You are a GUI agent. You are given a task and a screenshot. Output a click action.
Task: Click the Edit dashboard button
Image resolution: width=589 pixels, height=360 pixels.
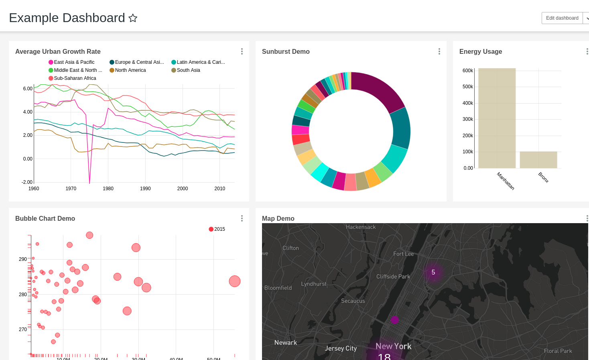(562, 18)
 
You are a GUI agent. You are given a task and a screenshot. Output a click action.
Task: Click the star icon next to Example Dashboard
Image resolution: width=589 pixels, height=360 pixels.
(133, 18)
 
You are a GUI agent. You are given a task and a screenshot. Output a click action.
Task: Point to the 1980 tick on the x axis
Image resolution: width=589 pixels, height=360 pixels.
(108, 188)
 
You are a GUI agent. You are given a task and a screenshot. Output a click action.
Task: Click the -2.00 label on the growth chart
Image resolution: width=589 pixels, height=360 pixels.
(27, 182)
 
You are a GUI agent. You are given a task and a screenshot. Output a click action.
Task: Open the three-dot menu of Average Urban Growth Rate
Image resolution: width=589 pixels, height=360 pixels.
(242, 51)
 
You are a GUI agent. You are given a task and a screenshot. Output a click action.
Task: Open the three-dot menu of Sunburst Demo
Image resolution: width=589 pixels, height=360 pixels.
(439, 51)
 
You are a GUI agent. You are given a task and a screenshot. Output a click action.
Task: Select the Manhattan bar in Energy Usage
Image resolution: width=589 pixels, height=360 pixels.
(497, 118)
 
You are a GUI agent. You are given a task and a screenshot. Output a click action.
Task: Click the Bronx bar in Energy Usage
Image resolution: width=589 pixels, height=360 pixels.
(538, 160)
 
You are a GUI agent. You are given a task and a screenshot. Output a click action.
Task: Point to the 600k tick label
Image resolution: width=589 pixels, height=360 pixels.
(467, 71)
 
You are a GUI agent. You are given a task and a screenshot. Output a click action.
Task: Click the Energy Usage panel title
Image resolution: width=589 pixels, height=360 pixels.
(480, 51)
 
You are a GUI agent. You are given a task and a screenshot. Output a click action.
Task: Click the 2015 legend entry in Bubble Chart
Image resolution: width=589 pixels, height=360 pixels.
(219, 229)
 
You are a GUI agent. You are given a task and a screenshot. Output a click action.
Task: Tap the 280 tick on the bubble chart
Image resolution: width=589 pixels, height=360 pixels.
(23, 294)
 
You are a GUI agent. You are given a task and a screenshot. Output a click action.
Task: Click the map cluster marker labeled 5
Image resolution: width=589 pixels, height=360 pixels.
(433, 272)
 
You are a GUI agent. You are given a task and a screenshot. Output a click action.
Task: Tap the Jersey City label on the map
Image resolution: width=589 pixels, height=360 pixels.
(340, 348)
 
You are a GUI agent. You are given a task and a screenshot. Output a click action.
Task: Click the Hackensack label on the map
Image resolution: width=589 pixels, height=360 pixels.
(361, 227)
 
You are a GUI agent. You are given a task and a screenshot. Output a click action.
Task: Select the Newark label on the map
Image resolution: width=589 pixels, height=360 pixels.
(285, 342)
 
